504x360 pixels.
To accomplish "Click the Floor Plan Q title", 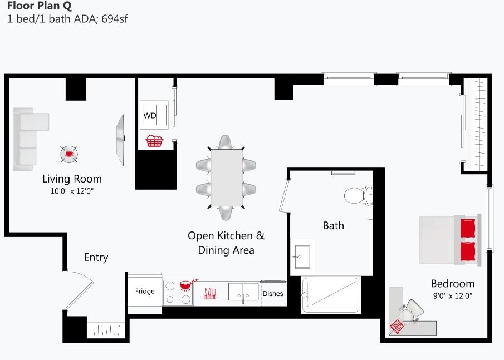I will (40, 7).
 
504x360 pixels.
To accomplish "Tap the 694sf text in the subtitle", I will (115, 19).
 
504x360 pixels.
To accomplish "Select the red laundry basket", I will (154, 141).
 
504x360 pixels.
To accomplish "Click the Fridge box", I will (145, 291).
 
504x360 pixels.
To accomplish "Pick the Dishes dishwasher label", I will (273, 293).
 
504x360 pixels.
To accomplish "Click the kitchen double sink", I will (243, 292).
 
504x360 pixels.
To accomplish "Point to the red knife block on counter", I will (210, 293).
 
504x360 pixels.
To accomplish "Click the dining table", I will (226, 177).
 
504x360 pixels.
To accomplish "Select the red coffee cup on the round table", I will (69, 153).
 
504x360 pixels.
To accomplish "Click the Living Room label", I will (72, 179).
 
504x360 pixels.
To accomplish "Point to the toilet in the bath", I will (356, 195).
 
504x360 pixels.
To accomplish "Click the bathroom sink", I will (302, 257).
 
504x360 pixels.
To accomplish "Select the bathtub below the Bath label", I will (331, 295).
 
